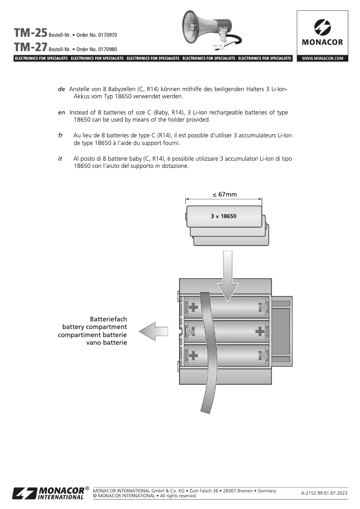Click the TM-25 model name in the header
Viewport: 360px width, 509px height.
pyautogui.click(x=31, y=33)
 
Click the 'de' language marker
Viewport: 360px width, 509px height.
pyautogui.click(x=62, y=89)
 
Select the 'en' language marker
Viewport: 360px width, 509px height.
pyautogui.click(x=62, y=112)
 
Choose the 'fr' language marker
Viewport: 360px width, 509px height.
pyautogui.click(x=61, y=136)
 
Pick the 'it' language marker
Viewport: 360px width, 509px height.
pyautogui.click(x=60, y=159)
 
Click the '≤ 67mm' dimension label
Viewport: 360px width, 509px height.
pyautogui.click(x=224, y=194)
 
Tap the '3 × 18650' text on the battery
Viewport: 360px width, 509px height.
pyautogui.click(x=224, y=216)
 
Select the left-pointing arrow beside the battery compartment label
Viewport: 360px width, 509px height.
pyautogui.click(x=154, y=332)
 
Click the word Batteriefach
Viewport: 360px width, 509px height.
pyautogui.click(x=108, y=319)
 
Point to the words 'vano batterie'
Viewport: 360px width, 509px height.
pyautogui.click(x=106, y=343)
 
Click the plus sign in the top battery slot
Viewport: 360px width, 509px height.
pyautogui.click(x=193, y=307)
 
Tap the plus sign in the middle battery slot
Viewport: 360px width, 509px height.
pyautogui.click(x=259, y=332)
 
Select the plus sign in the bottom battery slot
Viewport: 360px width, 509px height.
pyautogui.click(x=193, y=355)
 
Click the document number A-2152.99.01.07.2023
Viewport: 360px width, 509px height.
pyautogui.click(x=324, y=493)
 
